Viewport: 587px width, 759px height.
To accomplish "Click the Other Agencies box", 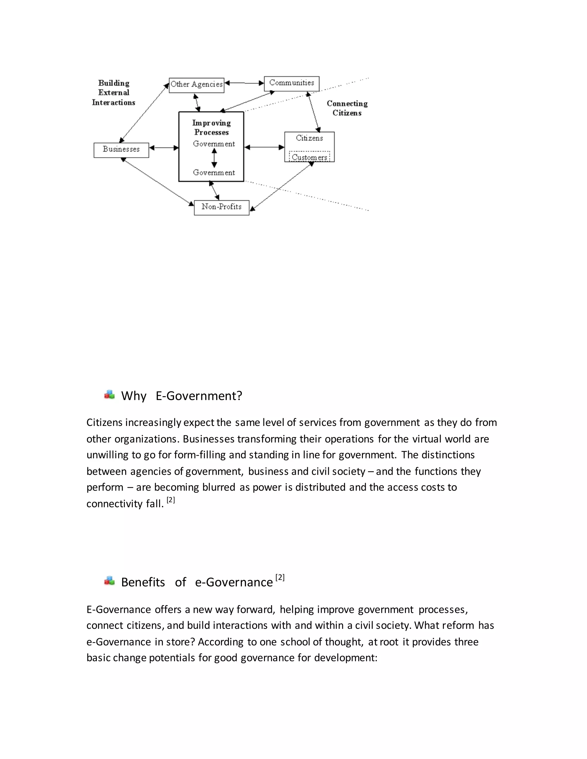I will (x=196, y=85).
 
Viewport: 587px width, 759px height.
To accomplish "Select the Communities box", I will (x=291, y=84).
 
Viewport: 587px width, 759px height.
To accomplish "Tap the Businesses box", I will (x=121, y=150).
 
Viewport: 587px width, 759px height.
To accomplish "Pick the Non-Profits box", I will (x=222, y=207).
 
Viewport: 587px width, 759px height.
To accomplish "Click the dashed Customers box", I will (x=309, y=157).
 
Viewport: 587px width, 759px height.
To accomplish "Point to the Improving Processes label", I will (x=212, y=127).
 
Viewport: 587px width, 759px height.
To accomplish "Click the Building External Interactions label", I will (x=114, y=93).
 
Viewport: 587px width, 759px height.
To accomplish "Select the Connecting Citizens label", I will (x=347, y=108).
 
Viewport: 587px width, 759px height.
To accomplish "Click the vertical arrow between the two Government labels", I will (x=214, y=158).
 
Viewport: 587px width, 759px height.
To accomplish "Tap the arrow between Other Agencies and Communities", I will (x=244, y=83).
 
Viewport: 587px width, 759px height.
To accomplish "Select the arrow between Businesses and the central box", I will (x=164, y=148).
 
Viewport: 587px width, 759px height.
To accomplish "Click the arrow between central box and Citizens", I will (x=264, y=147).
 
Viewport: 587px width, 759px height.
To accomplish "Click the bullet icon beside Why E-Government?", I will (x=109, y=395).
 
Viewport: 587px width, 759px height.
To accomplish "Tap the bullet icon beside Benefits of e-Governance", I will (x=109, y=581).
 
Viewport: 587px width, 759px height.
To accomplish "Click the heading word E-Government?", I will (x=199, y=396).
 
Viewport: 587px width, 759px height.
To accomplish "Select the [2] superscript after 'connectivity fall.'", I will (x=171, y=500).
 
